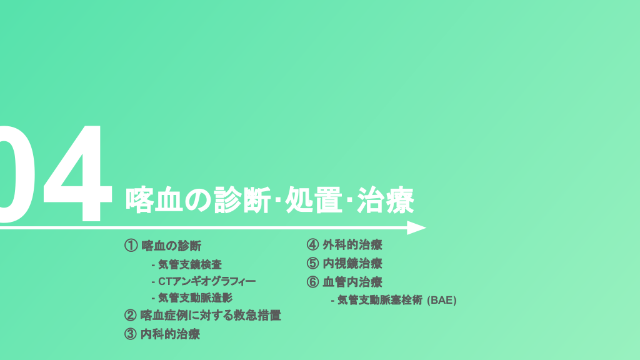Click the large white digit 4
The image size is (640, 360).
pos(78,174)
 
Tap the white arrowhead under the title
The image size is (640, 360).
pos(416,227)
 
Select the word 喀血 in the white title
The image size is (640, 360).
pos(154,200)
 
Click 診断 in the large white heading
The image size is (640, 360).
pos(242,200)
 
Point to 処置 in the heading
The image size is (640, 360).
pos(314,200)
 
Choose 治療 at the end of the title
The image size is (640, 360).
pos(385,200)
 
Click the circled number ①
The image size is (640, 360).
pos(131,246)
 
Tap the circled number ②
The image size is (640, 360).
pos(130,315)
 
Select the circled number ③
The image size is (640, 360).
pos(130,334)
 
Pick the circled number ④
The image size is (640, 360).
pos(312,245)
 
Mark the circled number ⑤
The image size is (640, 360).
pos(312,263)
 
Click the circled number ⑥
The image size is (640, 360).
pos(312,282)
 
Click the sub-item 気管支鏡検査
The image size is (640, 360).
pos(190,264)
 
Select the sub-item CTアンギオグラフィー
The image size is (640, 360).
pos(207,281)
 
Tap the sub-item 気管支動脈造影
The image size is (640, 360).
pos(195,298)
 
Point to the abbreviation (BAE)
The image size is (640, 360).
pos(442,301)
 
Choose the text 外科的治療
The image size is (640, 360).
pos(352,245)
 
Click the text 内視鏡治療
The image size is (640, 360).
pos(352,263)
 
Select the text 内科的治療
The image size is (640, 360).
pos(170,334)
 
